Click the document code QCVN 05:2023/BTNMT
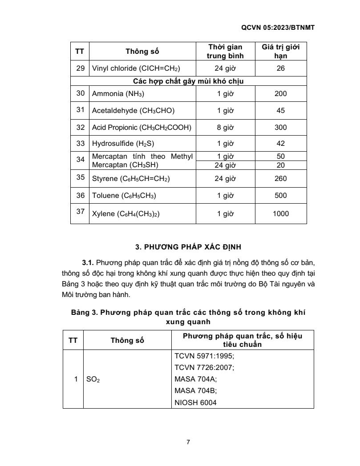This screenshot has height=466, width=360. pos(278,27)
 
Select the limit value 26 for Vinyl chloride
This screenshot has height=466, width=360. pos(280,69)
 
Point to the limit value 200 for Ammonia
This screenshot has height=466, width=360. pos(280,94)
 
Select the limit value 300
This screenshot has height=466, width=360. pos(280,127)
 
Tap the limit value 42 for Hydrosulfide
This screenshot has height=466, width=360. pos(280,144)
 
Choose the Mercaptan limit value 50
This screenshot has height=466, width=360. pos(280,156)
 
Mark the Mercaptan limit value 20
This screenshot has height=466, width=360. pos(280,165)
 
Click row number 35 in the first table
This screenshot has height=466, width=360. pos(80,177)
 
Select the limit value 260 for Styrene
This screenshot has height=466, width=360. pos(280,179)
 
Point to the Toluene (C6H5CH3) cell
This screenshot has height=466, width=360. pos(124,196)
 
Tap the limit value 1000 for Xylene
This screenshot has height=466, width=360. pos(280,213)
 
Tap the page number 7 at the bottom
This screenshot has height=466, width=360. pos(188,442)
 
